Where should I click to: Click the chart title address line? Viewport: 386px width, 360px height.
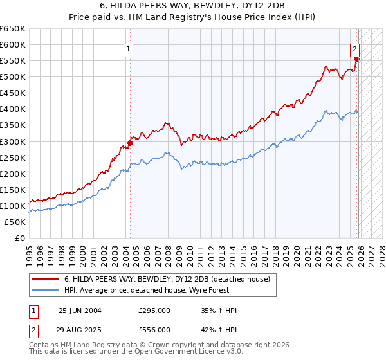point(192,6)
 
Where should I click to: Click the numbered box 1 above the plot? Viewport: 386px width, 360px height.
point(129,48)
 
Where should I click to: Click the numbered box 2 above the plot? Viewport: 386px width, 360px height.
point(354,48)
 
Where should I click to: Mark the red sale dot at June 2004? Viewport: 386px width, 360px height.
point(129,143)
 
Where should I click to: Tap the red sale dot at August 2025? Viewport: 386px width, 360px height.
point(357,59)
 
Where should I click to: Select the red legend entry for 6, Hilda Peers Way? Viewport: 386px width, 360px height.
point(170,279)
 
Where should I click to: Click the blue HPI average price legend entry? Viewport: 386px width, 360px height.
point(160,290)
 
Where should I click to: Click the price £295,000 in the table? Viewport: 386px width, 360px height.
point(154,310)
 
